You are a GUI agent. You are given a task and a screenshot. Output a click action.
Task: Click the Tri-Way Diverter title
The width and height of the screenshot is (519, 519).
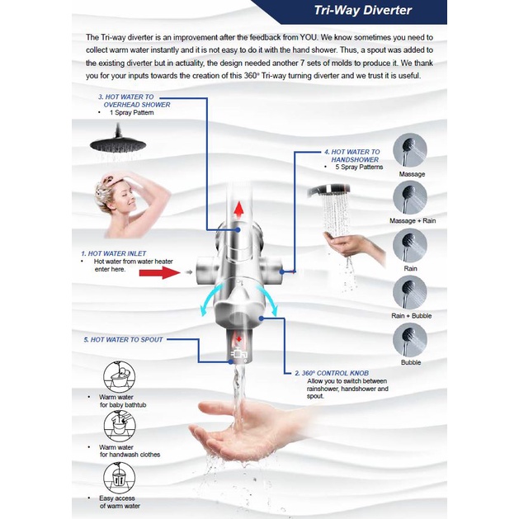point(363,10)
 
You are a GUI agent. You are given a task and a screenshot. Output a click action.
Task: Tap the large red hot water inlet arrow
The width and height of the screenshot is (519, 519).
point(159,273)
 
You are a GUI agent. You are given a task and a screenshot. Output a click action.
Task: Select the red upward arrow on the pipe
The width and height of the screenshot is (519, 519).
point(238,210)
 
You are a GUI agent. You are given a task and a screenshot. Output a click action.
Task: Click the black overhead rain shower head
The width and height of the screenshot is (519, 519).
point(118,141)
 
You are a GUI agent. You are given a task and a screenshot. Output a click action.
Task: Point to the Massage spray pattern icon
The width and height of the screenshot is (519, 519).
point(410,150)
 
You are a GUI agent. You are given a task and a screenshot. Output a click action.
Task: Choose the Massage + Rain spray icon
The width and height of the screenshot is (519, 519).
point(410,197)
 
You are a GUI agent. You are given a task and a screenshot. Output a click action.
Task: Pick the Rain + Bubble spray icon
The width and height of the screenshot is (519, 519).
point(410,293)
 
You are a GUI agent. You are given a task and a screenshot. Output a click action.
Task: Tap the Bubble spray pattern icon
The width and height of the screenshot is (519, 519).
point(410,340)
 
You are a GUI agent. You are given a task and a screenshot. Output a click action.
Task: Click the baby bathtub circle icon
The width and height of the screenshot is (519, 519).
point(119,376)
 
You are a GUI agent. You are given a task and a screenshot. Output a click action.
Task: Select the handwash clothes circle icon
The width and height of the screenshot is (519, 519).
point(119,427)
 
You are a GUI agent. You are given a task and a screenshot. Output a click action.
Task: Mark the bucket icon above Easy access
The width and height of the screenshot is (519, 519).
point(119,478)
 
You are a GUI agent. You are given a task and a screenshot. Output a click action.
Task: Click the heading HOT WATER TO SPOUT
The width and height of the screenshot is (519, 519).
point(123,340)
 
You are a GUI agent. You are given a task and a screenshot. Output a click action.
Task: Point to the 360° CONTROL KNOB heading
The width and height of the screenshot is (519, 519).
point(332,373)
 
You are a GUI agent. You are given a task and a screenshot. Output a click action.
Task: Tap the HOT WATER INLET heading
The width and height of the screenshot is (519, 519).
point(114,253)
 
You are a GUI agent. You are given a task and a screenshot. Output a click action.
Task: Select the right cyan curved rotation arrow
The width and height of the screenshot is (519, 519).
point(269,300)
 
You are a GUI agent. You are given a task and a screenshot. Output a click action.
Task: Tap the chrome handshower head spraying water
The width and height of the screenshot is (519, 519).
point(328,191)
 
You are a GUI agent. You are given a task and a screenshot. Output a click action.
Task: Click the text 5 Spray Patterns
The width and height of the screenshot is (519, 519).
point(359,167)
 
